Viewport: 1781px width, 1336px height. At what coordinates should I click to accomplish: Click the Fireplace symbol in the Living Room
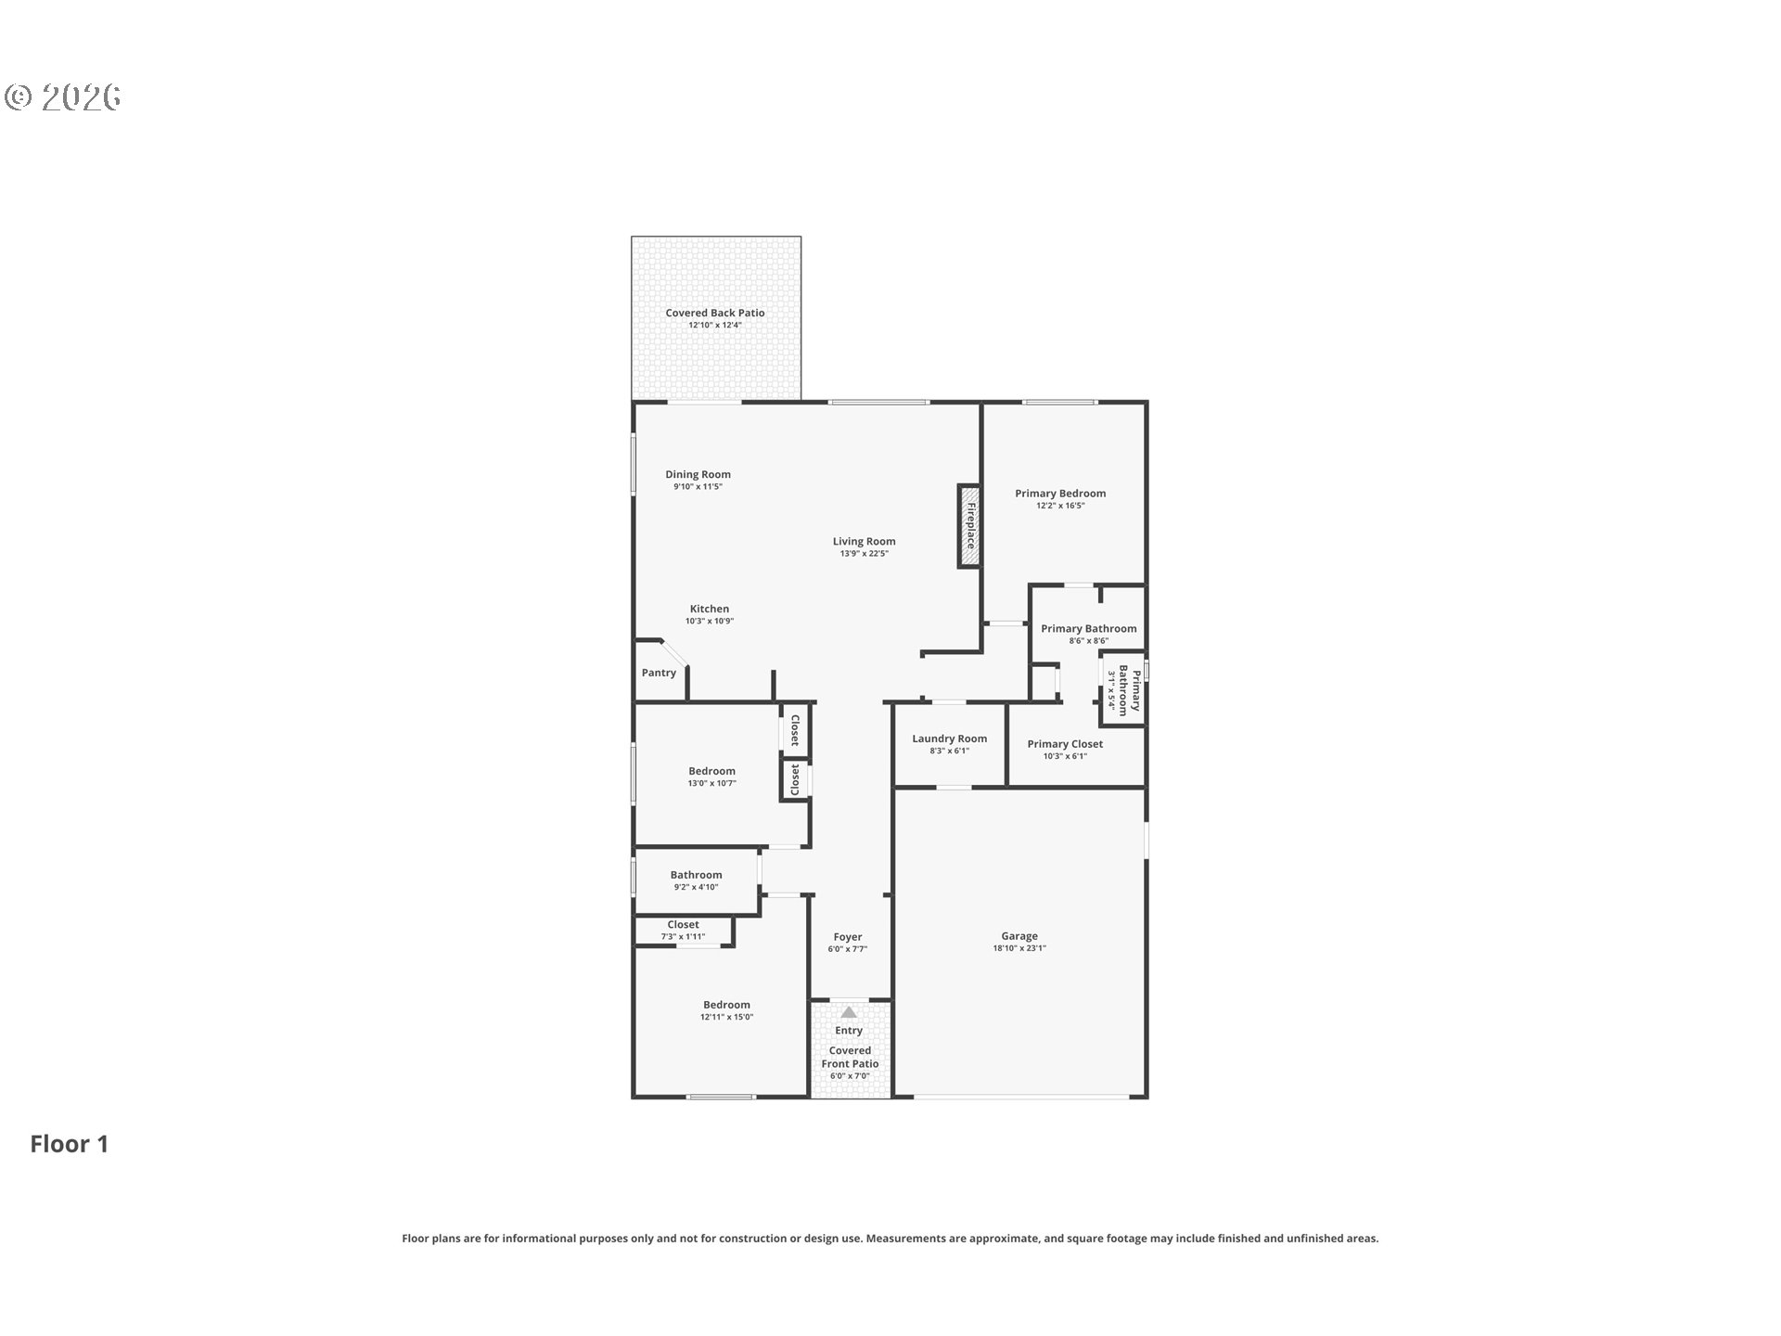click(x=969, y=525)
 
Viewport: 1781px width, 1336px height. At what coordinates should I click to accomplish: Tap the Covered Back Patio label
click(x=715, y=313)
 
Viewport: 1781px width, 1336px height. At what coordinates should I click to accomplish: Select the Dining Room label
click(x=698, y=474)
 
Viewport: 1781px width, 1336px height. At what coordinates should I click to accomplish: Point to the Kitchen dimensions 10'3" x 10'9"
click(x=710, y=622)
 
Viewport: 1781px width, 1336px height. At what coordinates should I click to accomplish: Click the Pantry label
click(x=659, y=673)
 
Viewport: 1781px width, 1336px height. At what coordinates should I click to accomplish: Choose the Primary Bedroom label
click(x=1060, y=494)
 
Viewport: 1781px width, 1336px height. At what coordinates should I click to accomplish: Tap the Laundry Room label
click(x=949, y=739)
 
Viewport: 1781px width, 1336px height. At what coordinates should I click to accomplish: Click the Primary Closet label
click(x=1065, y=744)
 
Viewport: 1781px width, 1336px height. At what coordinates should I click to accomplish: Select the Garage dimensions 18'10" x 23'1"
click(x=1019, y=948)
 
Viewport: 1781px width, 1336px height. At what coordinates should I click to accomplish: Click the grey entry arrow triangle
click(x=849, y=1012)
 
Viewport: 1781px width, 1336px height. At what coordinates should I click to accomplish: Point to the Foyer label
click(x=848, y=937)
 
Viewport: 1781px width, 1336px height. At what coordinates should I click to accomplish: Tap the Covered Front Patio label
click(x=850, y=1057)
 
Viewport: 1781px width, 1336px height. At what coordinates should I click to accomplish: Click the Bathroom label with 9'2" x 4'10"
click(x=696, y=875)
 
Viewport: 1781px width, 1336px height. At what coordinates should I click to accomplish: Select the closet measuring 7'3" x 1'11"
click(x=683, y=930)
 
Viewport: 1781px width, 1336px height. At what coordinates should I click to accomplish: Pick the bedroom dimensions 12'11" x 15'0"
click(x=726, y=1017)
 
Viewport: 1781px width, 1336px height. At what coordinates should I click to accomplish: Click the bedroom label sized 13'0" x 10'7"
click(x=711, y=771)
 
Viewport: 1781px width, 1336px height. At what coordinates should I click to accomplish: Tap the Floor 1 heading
click(x=70, y=1144)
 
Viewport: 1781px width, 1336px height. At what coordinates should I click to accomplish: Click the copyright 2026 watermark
click(x=63, y=96)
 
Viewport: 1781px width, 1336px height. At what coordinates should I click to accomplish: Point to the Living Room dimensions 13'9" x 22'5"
click(x=865, y=554)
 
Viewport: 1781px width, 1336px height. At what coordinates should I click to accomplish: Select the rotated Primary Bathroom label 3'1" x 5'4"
click(x=1123, y=690)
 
